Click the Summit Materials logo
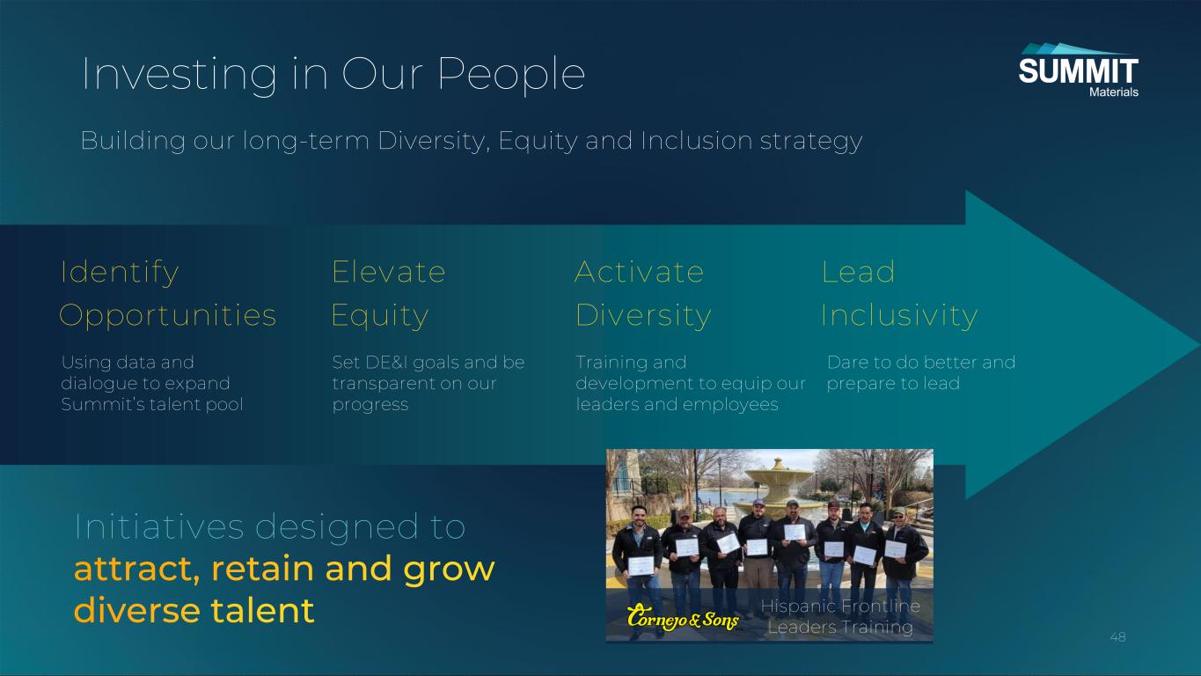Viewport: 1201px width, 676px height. coord(1078,70)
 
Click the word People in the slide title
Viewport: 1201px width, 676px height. coord(511,75)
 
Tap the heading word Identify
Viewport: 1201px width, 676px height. coord(120,273)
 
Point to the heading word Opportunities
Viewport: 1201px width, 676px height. coord(168,315)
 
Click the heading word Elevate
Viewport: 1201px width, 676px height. coord(389,271)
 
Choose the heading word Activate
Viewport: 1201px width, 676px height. coord(639,271)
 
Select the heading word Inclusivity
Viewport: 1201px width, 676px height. coord(900,315)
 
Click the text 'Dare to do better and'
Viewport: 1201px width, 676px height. coord(921,362)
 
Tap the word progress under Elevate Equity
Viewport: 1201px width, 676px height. coord(370,405)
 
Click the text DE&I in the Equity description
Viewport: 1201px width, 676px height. coord(386,362)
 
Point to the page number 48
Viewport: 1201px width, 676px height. coord(1117,637)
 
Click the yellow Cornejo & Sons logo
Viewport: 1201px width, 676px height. coord(683,618)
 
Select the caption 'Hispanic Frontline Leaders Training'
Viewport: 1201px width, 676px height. coord(840,616)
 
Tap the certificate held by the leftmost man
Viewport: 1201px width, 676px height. coord(641,566)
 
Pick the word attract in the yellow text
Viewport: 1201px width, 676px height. coord(136,569)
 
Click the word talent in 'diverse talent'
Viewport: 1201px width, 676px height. coord(263,611)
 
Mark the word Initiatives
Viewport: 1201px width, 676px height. coord(159,526)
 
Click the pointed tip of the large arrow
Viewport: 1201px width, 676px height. coord(1199,345)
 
